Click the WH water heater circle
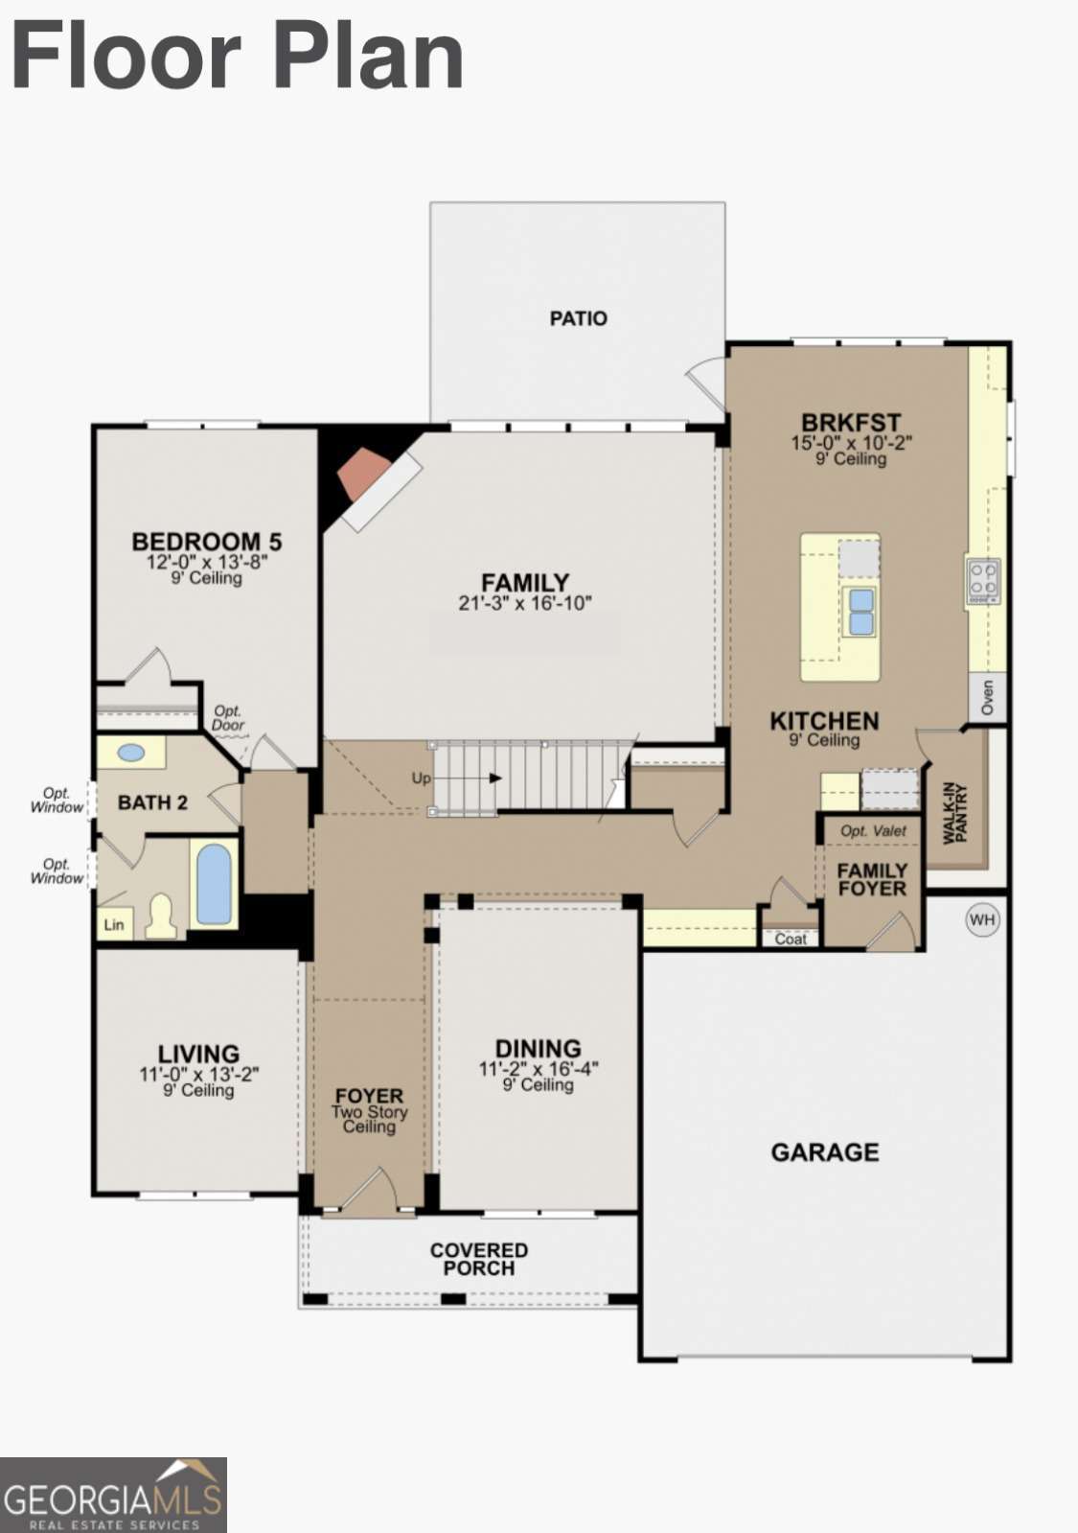tap(982, 920)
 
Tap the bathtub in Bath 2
tap(214, 884)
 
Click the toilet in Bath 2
tap(161, 917)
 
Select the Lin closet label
tap(114, 925)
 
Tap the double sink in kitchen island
tap(860, 612)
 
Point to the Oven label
tap(988, 697)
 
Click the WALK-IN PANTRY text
tap(955, 813)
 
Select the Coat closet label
tap(791, 939)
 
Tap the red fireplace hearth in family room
tap(364, 475)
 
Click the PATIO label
tap(578, 318)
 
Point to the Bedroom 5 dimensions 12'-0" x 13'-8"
tap(206, 563)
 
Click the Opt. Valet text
tap(873, 831)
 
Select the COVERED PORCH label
tap(478, 1259)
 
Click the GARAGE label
tap(824, 1152)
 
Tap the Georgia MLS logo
tap(113, 1495)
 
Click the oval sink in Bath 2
tap(131, 754)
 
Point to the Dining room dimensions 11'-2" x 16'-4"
tap(538, 1069)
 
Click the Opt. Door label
tap(228, 718)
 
